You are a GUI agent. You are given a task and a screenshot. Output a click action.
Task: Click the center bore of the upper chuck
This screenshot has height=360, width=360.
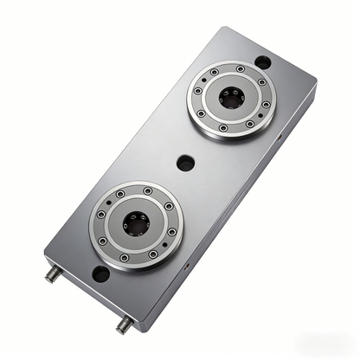click(230, 99)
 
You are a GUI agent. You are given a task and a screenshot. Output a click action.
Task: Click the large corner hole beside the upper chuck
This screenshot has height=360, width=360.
click(264, 62)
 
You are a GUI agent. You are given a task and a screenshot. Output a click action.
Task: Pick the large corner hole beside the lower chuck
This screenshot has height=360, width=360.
click(100, 275)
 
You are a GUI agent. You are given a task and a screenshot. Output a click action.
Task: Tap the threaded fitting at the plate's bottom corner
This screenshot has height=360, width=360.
click(122, 325)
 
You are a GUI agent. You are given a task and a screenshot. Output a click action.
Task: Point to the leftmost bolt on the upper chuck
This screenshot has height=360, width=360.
click(199, 90)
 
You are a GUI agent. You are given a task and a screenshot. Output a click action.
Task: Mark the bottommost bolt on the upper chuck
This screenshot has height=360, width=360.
click(222, 127)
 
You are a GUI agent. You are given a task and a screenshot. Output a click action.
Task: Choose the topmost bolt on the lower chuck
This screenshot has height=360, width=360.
click(147, 190)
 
